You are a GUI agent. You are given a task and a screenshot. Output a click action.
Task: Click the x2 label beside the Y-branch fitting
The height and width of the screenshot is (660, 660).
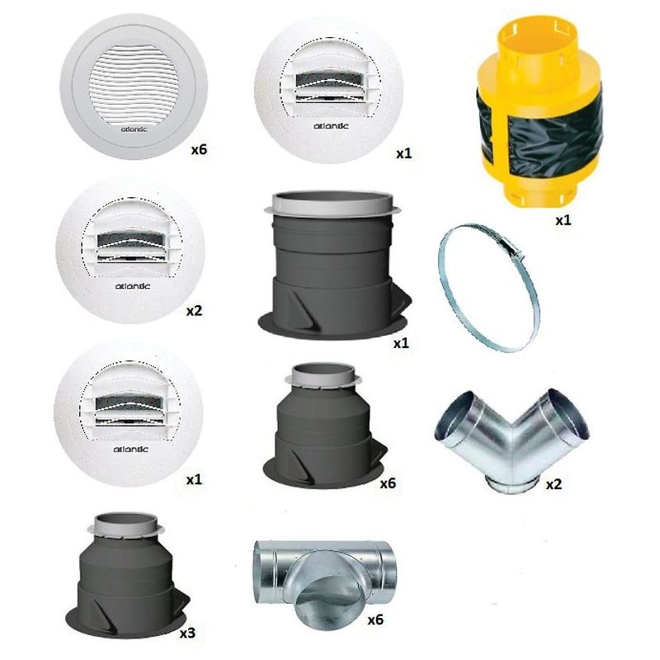coord(554,483)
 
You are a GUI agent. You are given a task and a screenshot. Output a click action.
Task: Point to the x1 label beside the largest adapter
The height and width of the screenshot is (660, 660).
coord(401,342)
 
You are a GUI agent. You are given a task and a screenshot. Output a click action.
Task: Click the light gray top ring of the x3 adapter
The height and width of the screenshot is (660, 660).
coord(128,525)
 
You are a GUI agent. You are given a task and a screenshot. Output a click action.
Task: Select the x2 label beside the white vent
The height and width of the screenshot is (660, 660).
coord(194,312)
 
